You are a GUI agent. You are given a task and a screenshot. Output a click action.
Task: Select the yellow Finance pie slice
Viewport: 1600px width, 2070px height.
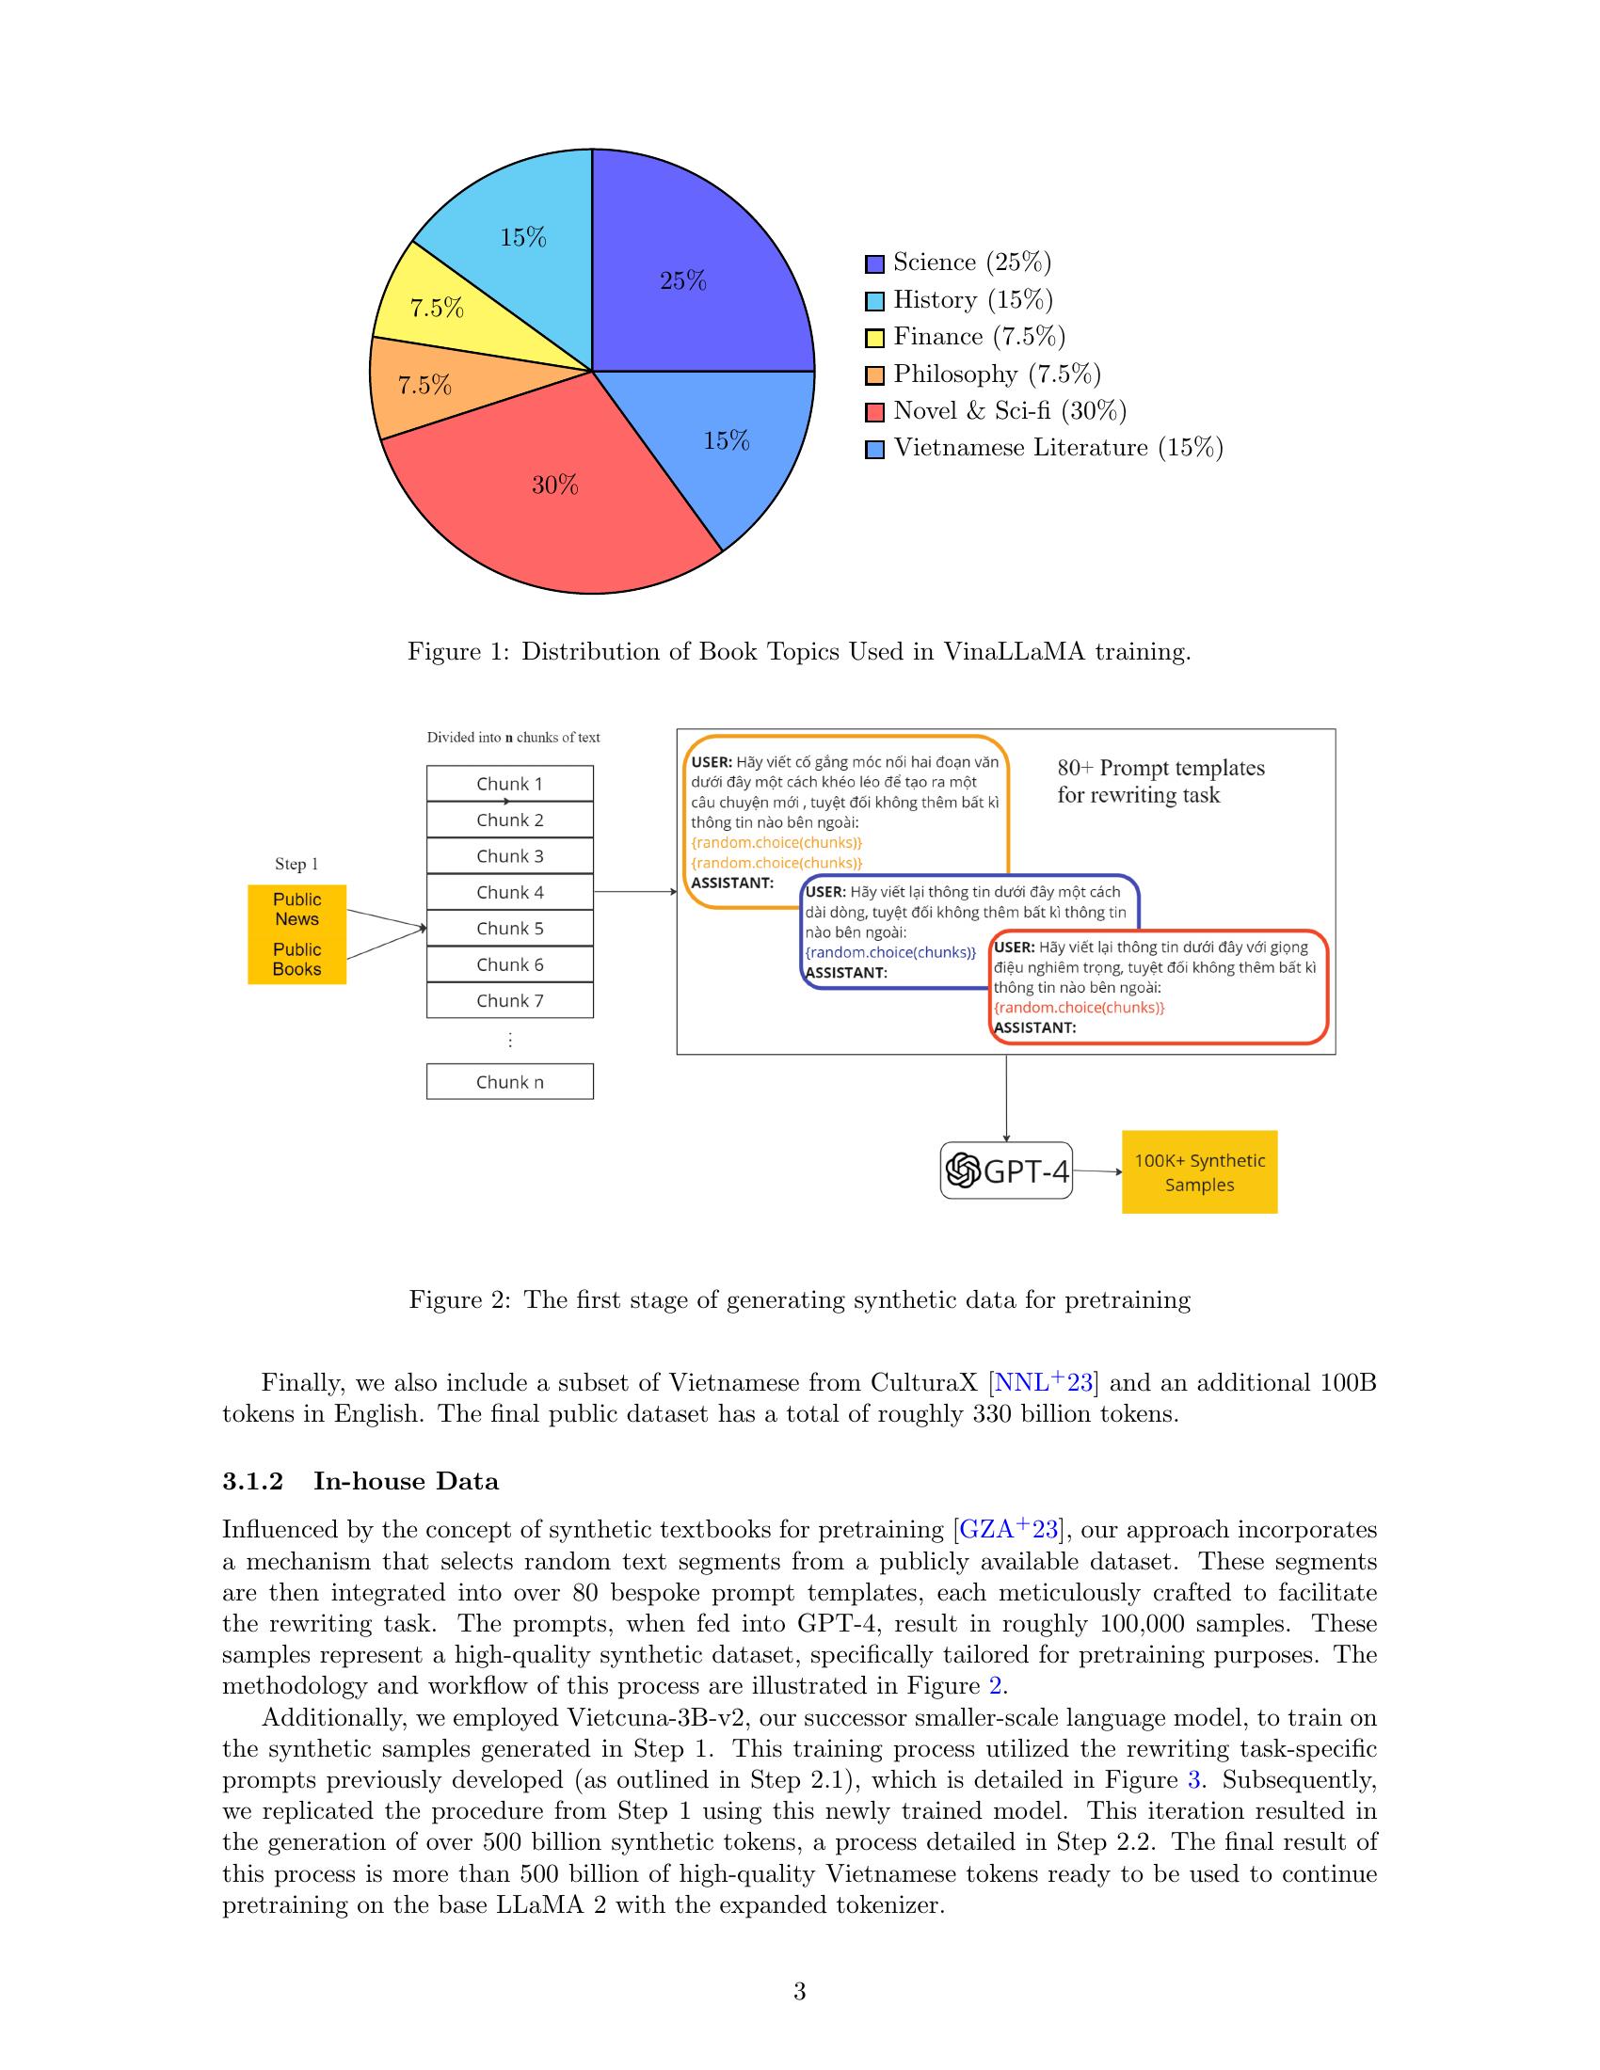click(445, 303)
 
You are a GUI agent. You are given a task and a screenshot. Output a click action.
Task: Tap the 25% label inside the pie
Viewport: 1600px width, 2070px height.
click(683, 280)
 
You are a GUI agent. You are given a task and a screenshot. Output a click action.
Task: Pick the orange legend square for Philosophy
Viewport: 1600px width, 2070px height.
click(875, 375)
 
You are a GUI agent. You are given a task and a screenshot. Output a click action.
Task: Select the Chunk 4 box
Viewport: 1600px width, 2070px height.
click(510, 892)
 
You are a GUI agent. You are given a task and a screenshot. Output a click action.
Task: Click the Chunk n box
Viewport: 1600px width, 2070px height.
click(510, 1081)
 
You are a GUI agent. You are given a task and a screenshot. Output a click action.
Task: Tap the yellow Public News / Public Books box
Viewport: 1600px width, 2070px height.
click(296, 934)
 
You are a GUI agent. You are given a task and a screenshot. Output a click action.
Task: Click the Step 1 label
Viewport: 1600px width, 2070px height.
click(296, 864)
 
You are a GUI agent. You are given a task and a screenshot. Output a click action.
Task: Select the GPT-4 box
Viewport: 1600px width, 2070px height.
click(1007, 1171)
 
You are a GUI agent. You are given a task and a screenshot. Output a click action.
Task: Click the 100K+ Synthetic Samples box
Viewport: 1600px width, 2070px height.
click(1199, 1172)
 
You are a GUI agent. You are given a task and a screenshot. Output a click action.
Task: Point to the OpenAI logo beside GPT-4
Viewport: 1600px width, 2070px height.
click(962, 1171)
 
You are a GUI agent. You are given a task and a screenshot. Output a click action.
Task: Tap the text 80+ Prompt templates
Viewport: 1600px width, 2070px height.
click(1160, 768)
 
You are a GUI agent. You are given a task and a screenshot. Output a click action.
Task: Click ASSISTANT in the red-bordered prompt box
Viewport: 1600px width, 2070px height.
click(1035, 1027)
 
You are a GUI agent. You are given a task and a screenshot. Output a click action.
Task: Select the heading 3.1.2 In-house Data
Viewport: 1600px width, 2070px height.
click(360, 1481)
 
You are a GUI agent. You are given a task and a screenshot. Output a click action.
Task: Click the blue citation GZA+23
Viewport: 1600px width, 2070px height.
click(1009, 1530)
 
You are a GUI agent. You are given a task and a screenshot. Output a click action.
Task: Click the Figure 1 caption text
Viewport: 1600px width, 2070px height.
click(799, 652)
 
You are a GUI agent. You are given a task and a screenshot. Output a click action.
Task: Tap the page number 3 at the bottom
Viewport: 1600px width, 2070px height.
click(799, 1991)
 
